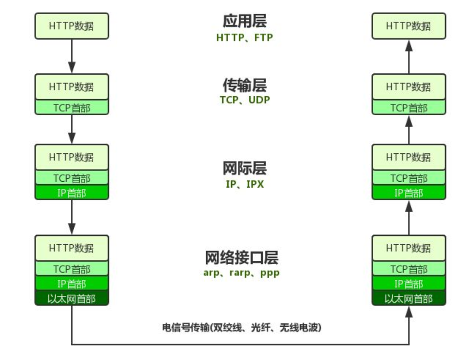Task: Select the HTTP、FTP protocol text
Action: (x=244, y=38)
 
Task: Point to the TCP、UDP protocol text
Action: (x=244, y=100)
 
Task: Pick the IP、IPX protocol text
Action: (x=244, y=185)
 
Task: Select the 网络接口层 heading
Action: (x=241, y=257)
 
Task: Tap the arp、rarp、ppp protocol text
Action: (x=241, y=273)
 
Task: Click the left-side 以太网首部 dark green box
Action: (x=71, y=298)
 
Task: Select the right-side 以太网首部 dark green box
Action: (x=408, y=298)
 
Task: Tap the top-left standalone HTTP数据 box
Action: (x=71, y=26)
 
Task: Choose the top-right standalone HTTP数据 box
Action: (x=408, y=26)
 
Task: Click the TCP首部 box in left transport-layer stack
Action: (x=71, y=107)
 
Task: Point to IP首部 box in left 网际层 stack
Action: (x=71, y=193)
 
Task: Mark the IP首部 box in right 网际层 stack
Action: (x=408, y=193)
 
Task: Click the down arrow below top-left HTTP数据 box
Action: (x=72, y=56)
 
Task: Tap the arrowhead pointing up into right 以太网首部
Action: (x=409, y=312)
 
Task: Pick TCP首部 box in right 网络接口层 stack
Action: (x=408, y=269)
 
